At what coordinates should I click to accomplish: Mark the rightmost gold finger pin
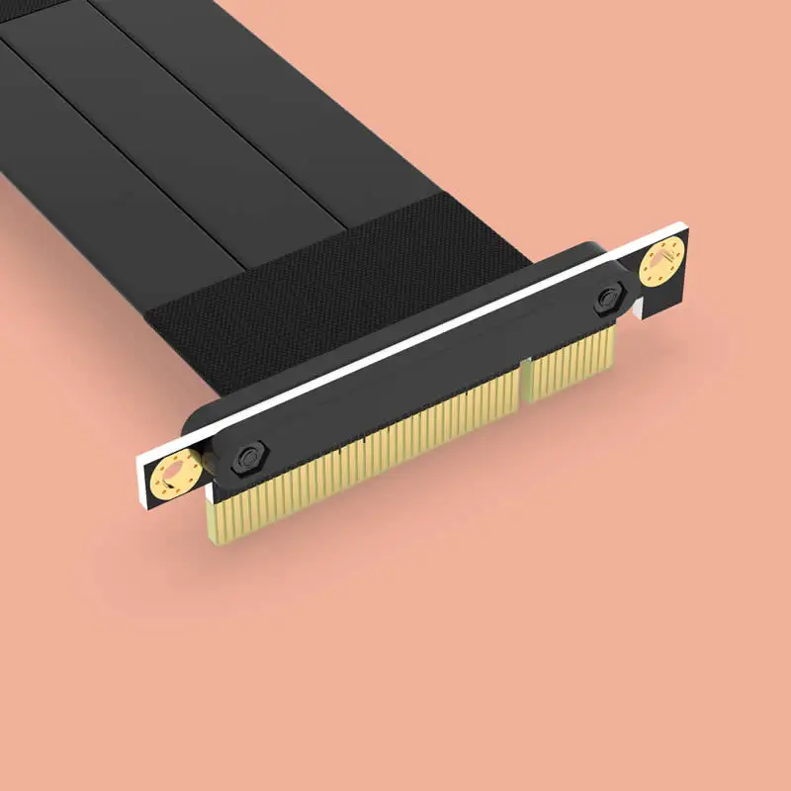point(612,341)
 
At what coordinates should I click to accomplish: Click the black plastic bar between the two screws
point(425,381)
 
